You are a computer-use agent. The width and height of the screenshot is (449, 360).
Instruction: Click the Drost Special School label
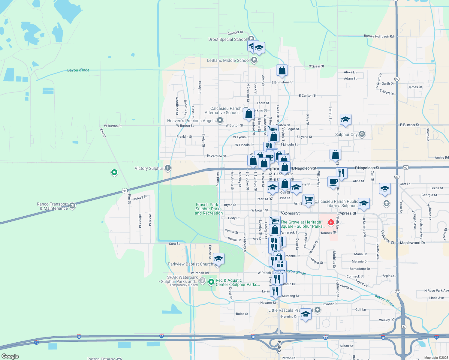pyautogui.click(x=228, y=39)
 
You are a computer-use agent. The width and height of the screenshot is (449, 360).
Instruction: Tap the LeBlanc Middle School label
pyautogui.click(x=228, y=60)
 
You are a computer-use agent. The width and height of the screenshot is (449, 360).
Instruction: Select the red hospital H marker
pyautogui.click(x=331, y=222)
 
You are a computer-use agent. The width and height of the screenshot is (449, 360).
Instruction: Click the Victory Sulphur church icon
pyautogui.click(x=168, y=168)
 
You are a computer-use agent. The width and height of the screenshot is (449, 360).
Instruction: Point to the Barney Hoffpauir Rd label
pyautogui.click(x=378, y=36)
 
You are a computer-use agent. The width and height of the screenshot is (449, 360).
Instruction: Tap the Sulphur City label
pyautogui.click(x=346, y=134)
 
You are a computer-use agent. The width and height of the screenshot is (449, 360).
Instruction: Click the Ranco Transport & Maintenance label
pyautogui.click(x=53, y=206)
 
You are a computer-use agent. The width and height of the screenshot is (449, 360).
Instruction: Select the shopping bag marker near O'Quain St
pyautogui.click(x=282, y=70)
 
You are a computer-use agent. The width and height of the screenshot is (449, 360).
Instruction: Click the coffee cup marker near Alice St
pyautogui.click(x=333, y=182)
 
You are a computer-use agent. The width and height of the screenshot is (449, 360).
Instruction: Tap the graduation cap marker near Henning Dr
pyautogui.click(x=306, y=314)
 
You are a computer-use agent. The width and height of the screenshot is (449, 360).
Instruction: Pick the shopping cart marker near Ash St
pyautogui.click(x=308, y=199)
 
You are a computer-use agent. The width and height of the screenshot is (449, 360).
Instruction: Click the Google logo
pyautogui.click(x=10, y=356)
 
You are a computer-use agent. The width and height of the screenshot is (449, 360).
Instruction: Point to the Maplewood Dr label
pyautogui.click(x=412, y=243)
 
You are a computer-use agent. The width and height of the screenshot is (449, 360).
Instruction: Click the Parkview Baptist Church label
pyautogui.click(x=190, y=264)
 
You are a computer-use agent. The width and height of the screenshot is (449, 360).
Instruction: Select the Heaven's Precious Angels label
pyautogui.click(x=191, y=121)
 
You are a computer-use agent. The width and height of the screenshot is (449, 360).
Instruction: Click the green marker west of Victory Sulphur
pyautogui.click(x=114, y=172)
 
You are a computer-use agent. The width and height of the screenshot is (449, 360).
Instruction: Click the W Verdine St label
pyautogui.click(x=216, y=156)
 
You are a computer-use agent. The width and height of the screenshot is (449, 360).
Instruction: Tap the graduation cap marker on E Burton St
pyautogui.click(x=345, y=119)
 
